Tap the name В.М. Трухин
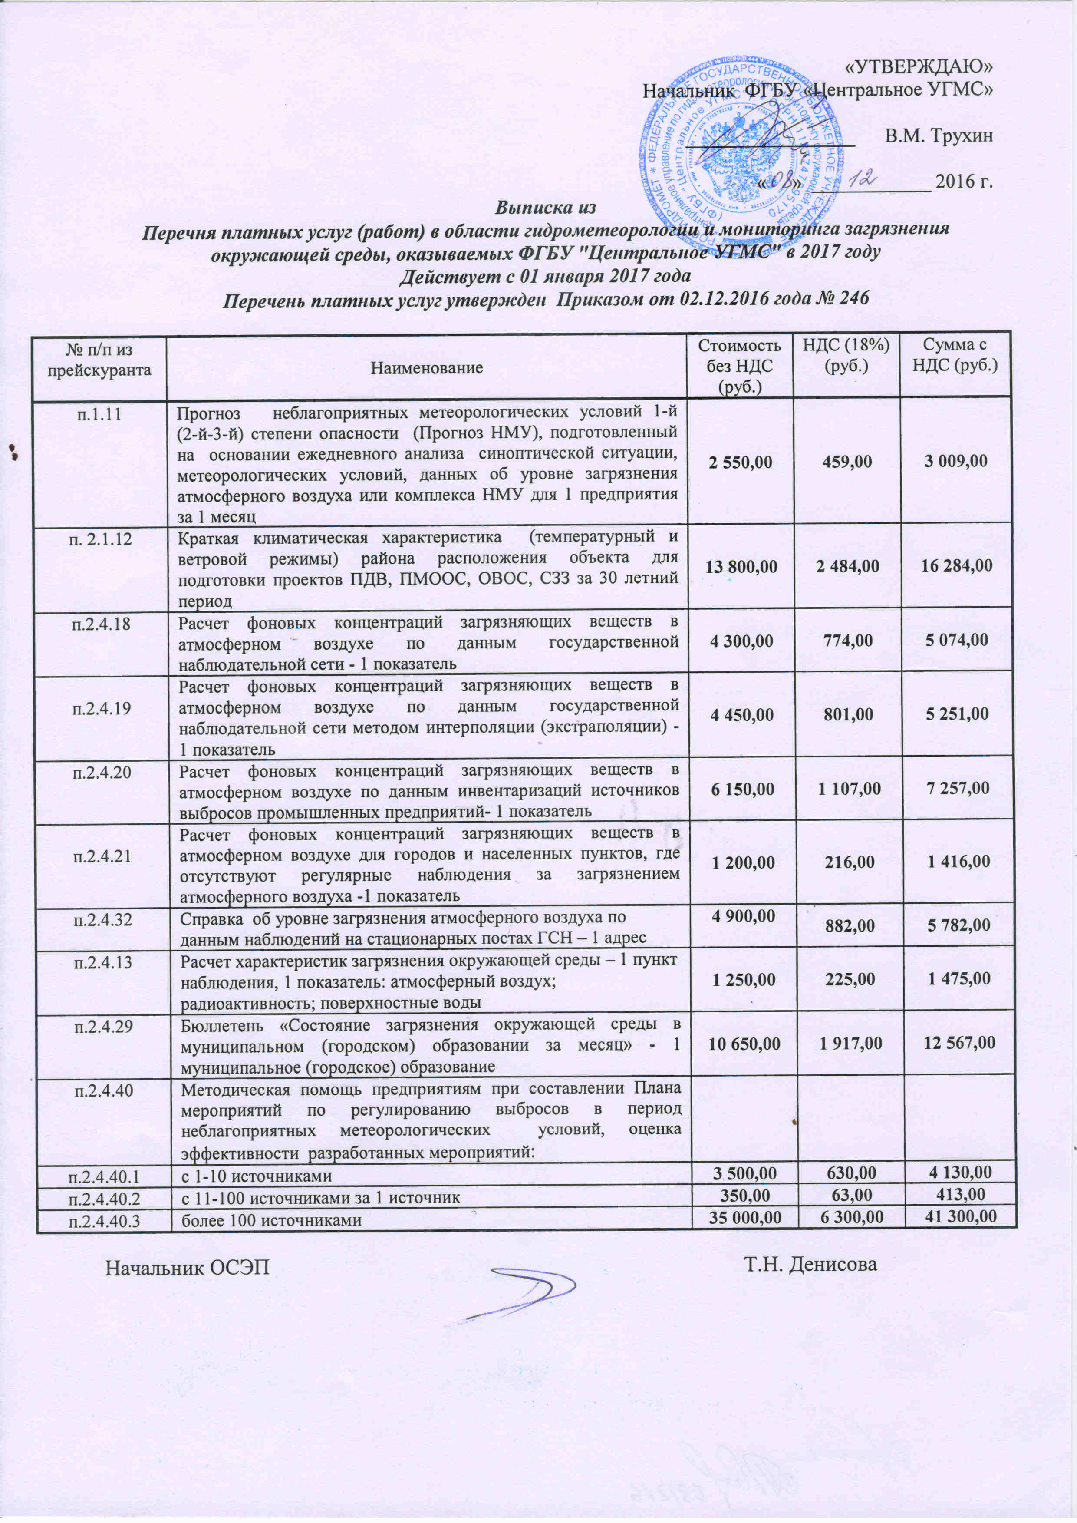(x=939, y=136)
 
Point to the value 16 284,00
(x=955, y=566)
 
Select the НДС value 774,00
(x=848, y=640)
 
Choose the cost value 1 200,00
(x=743, y=862)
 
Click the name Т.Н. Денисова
(x=810, y=1264)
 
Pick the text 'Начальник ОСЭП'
(x=188, y=1267)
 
